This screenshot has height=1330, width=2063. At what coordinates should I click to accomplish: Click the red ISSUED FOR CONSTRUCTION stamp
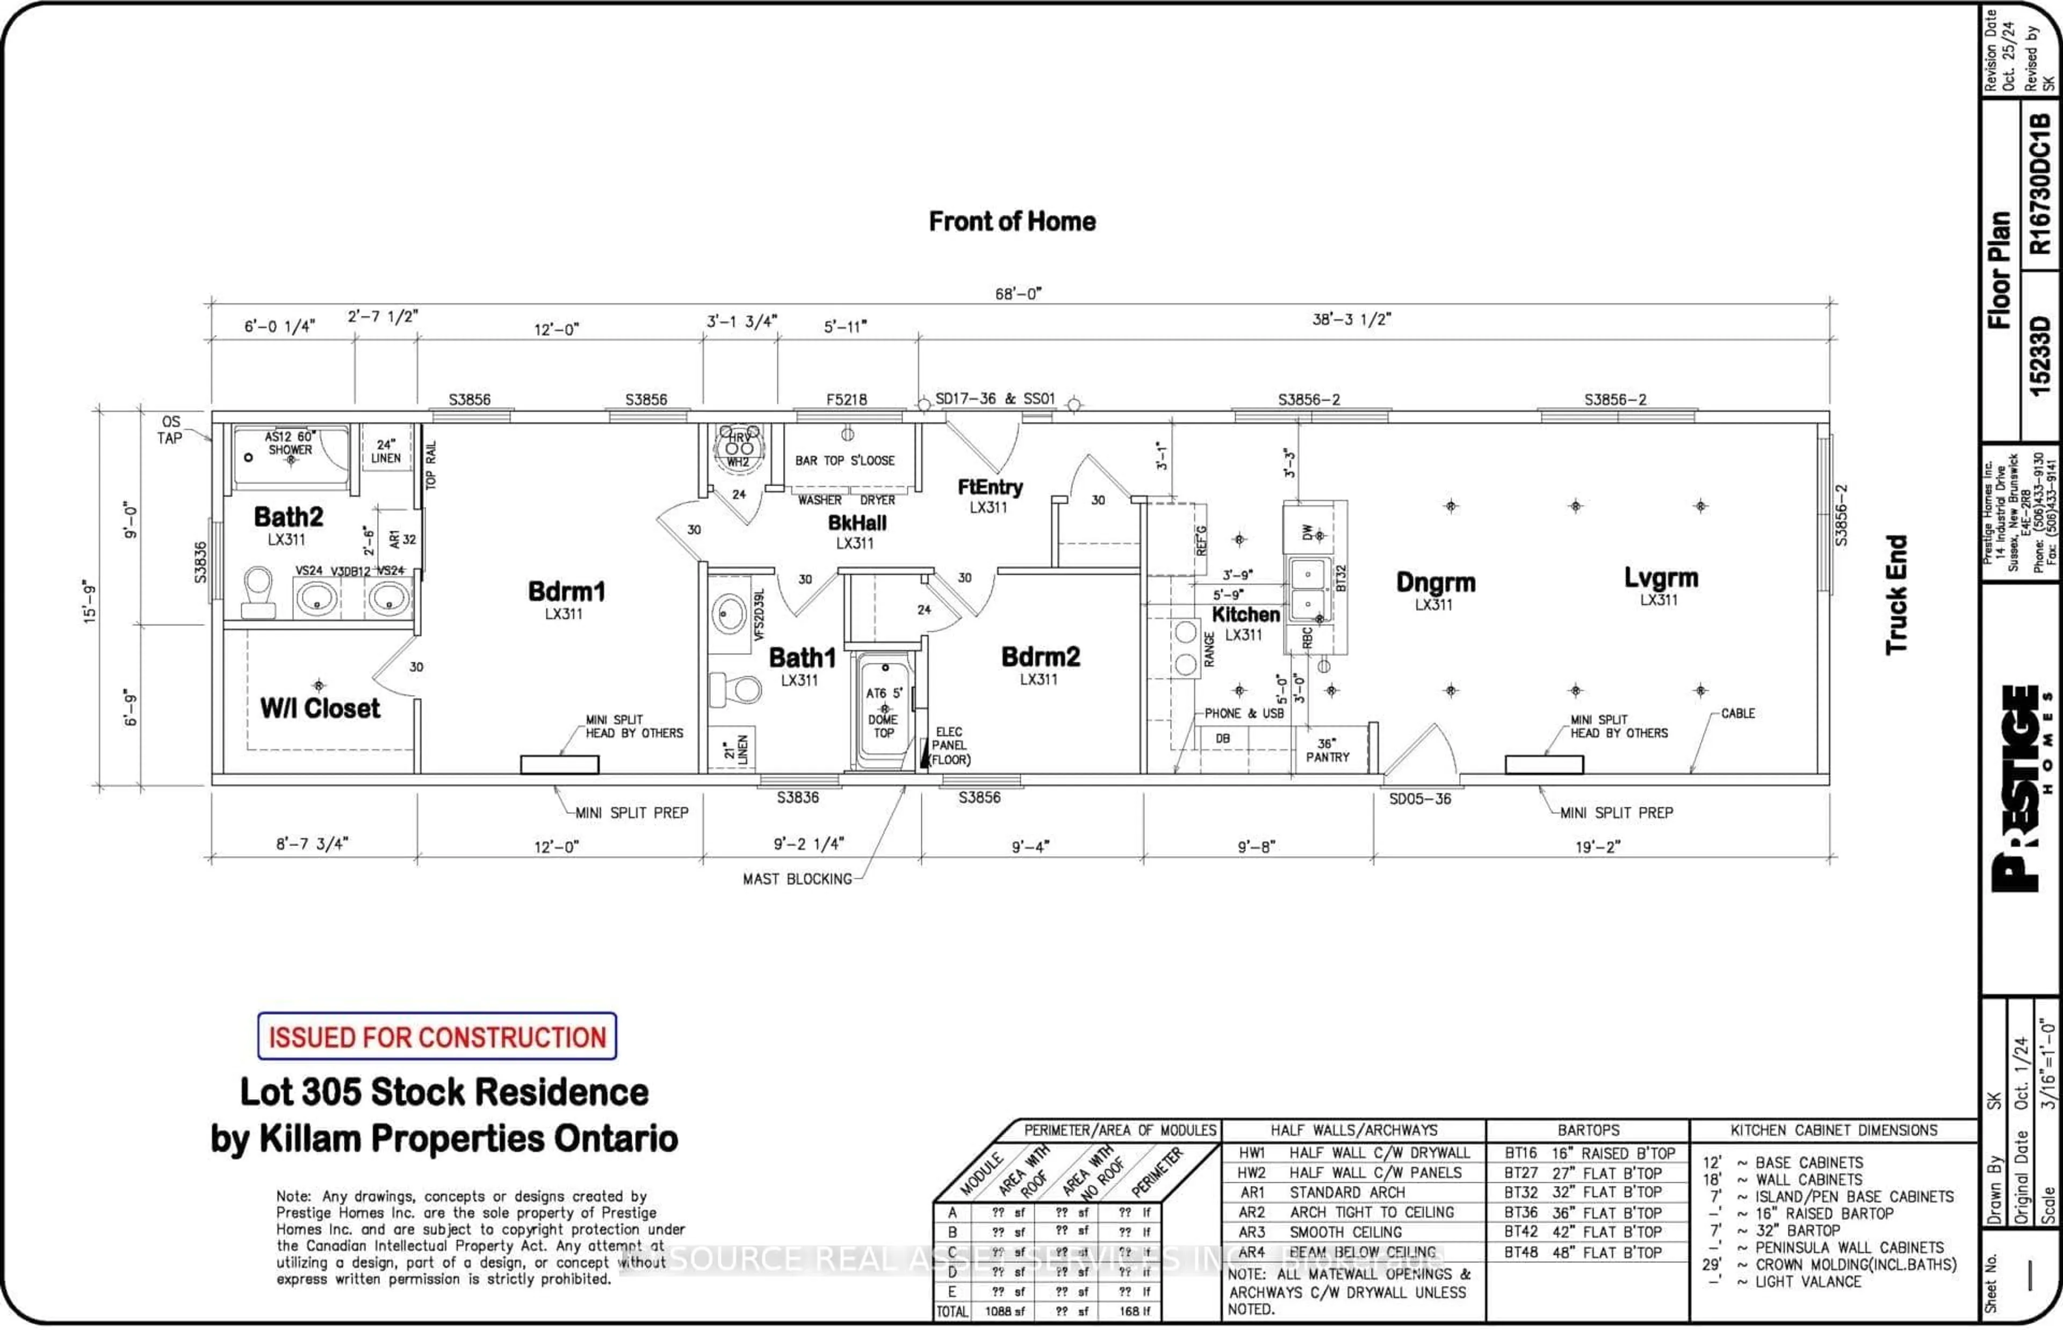pyautogui.click(x=437, y=1036)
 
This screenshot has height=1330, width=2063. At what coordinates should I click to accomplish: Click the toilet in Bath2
pyautogui.click(x=257, y=591)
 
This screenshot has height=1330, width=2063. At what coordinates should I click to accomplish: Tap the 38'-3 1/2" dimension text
pyautogui.click(x=1352, y=320)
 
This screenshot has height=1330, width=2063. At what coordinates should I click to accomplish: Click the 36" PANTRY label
pyautogui.click(x=1328, y=750)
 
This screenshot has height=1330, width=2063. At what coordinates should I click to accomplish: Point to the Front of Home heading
pyautogui.click(x=1012, y=222)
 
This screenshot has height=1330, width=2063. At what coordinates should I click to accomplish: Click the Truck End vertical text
pyautogui.click(x=1896, y=594)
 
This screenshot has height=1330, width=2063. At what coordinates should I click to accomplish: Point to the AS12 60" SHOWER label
pyautogui.click(x=290, y=443)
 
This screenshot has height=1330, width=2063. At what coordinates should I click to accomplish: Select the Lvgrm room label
pyautogui.click(x=1661, y=578)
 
